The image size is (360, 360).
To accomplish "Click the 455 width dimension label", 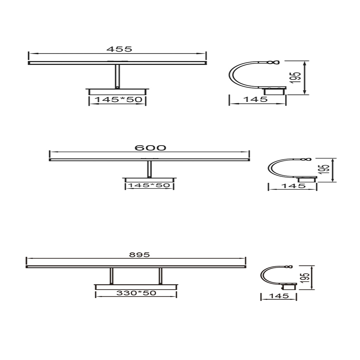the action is [x=119, y=49].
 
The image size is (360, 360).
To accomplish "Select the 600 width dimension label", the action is [x=150, y=148].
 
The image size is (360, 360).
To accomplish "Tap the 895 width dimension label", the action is [x=139, y=255].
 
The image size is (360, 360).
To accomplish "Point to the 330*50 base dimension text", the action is [x=136, y=293].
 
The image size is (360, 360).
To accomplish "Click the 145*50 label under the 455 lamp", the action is [x=118, y=99].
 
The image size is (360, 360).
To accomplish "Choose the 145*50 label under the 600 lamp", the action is [x=149, y=185].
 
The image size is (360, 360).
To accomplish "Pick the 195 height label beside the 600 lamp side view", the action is [x=326, y=169].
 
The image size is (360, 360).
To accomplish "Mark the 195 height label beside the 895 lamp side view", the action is [x=306, y=278].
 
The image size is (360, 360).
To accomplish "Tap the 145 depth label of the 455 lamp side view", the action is [x=255, y=99].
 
